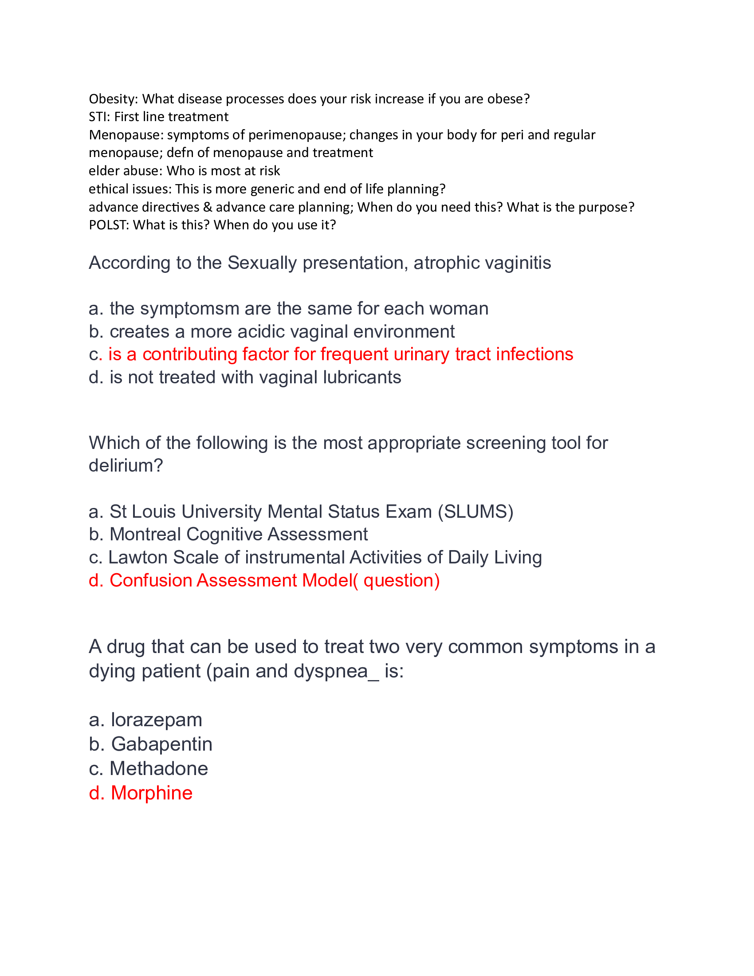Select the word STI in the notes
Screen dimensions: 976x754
click(x=98, y=117)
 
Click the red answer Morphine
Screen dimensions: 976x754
click(x=151, y=793)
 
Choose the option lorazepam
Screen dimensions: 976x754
click(x=156, y=720)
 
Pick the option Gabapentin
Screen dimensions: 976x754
click(x=162, y=744)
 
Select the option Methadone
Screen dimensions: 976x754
click(x=159, y=769)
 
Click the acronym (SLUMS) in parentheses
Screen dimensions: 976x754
click(x=475, y=512)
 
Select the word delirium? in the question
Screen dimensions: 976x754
click(x=126, y=466)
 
